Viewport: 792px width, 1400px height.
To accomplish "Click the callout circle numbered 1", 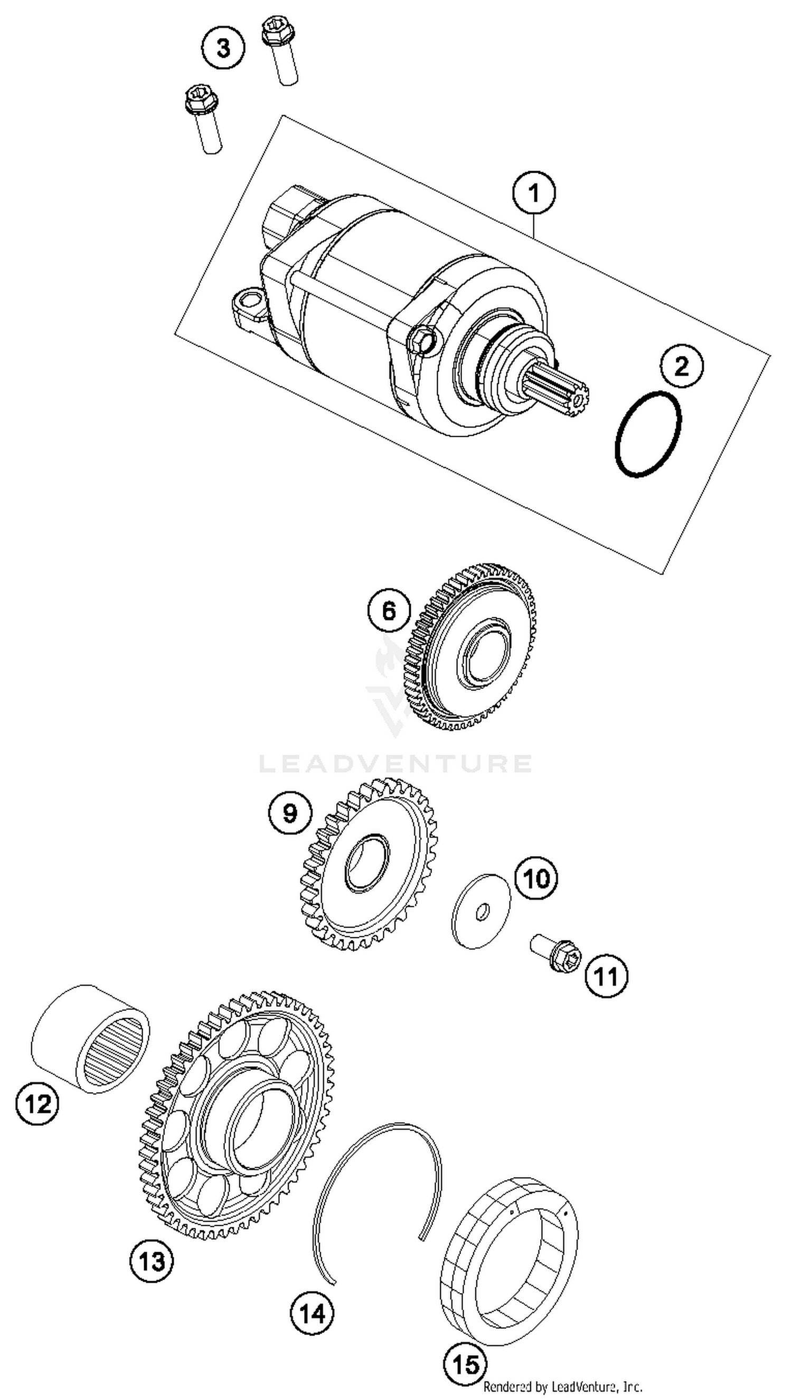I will [534, 194].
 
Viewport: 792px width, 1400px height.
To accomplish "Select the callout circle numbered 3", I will [223, 48].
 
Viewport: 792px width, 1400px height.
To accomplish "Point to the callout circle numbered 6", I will [389, 610].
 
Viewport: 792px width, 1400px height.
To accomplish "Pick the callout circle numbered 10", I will [536, 878].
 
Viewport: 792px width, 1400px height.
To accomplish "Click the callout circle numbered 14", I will [312, 1314].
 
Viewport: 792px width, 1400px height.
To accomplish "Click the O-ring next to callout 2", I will [648, 434].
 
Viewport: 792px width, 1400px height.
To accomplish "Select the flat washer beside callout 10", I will [481, 912].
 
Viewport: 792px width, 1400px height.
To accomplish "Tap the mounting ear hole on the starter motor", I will [250, 300].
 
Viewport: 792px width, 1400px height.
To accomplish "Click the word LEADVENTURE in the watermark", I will [395, 764].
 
